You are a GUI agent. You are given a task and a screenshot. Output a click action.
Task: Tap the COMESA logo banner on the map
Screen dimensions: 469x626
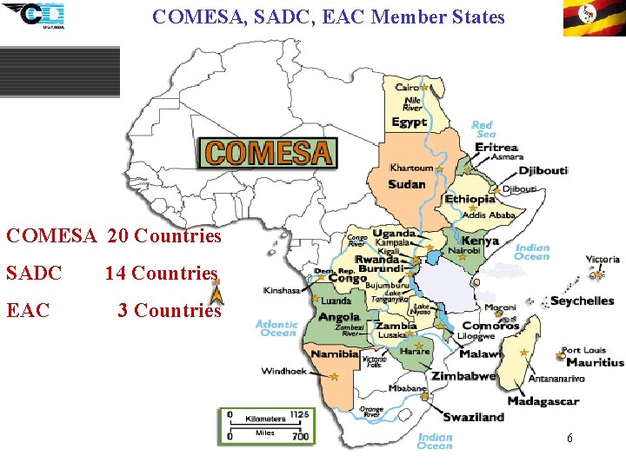point(268,153)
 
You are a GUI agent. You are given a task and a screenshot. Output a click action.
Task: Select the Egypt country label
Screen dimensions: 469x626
point(410,122)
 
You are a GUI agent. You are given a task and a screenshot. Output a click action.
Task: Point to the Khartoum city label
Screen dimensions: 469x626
point(411,168)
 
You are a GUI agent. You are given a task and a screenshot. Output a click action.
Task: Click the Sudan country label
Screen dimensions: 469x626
point(406,184)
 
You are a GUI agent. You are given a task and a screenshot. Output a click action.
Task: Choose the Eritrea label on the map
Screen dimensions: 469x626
point(496,148)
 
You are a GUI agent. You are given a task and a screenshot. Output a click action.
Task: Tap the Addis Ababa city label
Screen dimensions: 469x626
point(490,215)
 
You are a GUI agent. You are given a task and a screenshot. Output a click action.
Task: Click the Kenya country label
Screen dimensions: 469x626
point(480,241)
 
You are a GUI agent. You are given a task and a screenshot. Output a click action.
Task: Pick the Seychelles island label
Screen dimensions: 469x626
point(582,301)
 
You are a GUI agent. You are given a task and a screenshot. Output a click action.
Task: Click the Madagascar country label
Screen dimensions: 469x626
point(543,401)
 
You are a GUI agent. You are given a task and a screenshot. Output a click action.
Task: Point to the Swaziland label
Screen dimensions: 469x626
point(473,417)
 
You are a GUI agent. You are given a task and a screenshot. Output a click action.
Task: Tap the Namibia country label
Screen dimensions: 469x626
point(335,354)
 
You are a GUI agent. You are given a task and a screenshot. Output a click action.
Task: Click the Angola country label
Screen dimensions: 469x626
point(339,317)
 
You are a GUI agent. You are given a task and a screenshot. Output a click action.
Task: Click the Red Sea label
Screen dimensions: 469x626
point(483,129)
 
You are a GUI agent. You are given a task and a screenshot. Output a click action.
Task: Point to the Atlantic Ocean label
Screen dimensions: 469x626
point(276,328)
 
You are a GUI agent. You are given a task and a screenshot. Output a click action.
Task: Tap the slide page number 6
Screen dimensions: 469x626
point(569,439)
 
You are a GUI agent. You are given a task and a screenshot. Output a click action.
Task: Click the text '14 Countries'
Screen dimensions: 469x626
point(161,274)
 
